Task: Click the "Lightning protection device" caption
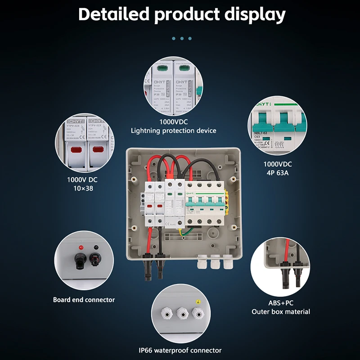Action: (173, 131)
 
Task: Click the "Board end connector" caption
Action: (84, 300)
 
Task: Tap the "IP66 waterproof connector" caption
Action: (180, 350)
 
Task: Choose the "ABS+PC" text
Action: (280, 303)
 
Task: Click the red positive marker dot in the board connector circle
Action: (81, 248)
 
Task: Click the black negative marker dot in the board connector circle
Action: (95, 247)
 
